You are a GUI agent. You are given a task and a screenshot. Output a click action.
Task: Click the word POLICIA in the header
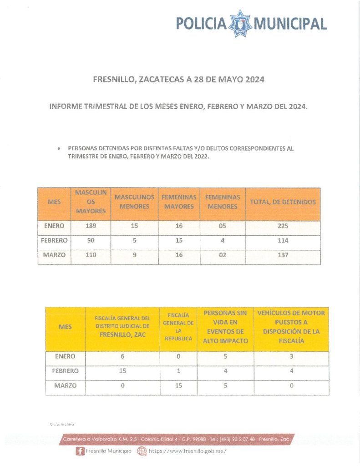tap(201, 24)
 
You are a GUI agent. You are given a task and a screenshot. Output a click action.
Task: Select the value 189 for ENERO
tap(91, 226)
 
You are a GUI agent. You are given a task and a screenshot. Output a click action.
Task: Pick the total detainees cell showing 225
tap(283, 226)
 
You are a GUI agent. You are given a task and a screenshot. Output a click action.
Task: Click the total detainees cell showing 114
tap(283, 240)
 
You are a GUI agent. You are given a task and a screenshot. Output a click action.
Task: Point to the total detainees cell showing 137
tap(283, 255)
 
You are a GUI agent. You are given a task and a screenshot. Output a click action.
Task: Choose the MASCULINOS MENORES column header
tap(134, 202)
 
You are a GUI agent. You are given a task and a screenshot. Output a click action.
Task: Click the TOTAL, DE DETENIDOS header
tap(283, 202)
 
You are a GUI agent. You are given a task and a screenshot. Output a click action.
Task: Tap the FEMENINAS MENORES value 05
tap(222, 226)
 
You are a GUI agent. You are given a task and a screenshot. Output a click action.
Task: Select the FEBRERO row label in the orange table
tap(54, 240)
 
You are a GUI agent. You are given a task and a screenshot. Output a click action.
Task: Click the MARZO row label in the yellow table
tap(65, 385)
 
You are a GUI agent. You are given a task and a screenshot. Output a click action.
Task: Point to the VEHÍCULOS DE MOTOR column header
tap(291, 327)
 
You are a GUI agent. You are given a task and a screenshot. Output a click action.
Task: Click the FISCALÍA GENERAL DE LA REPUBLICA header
tap(178, 327)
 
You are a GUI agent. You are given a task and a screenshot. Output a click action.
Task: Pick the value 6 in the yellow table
tap(122, 357)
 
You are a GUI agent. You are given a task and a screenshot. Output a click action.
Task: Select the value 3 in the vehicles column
tap(291, 357)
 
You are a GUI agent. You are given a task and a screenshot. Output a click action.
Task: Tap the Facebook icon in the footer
tap(80, 451)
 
